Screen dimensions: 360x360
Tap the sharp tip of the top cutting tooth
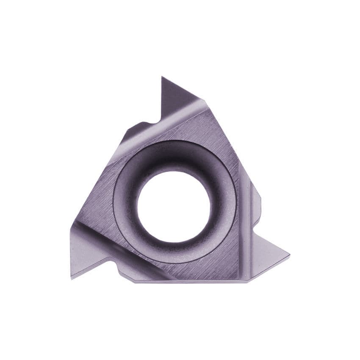click(162, 78)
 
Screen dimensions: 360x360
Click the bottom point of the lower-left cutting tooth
click(71, 278)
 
